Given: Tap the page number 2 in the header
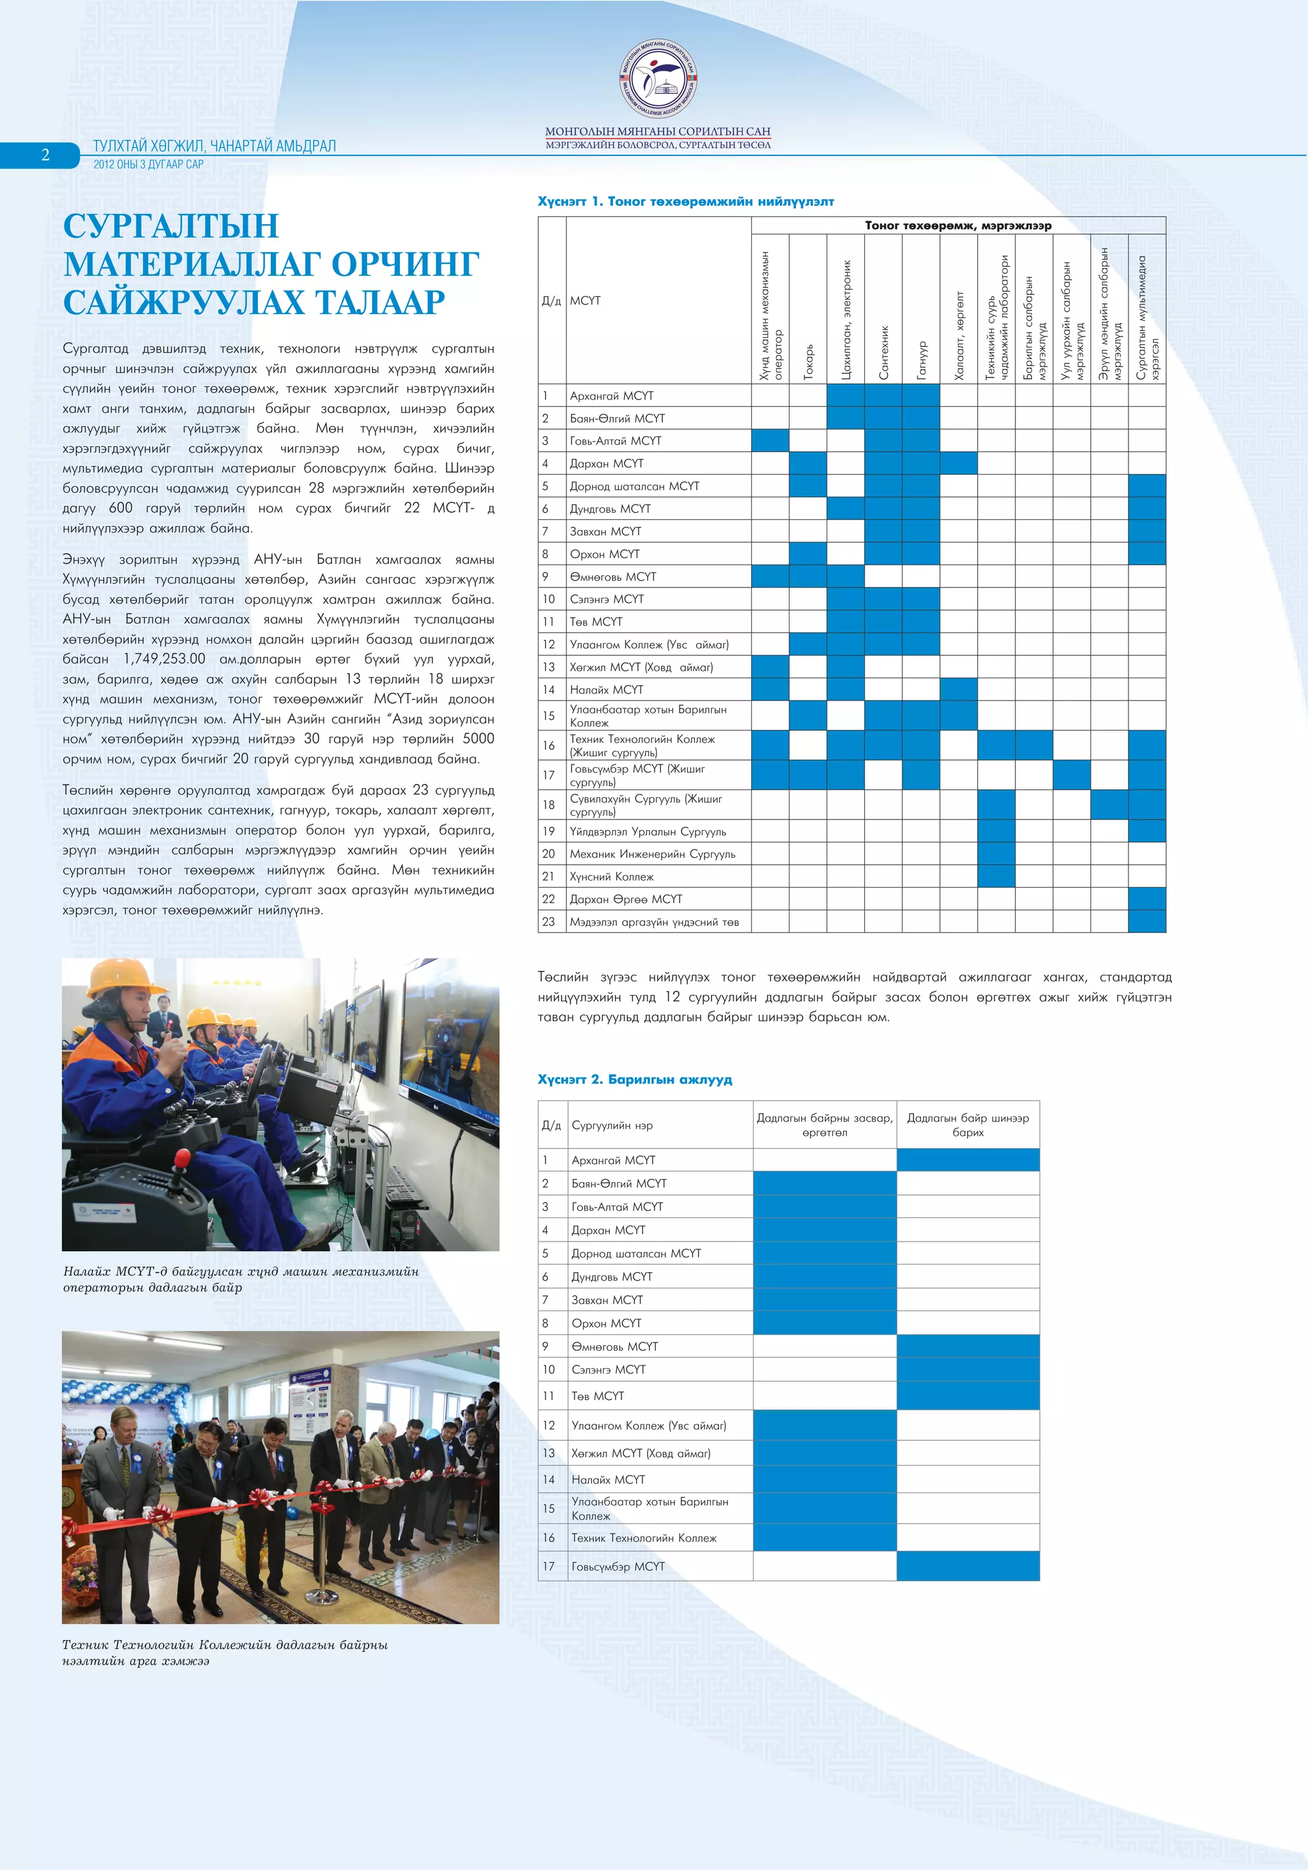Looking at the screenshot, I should [x=45, y=155].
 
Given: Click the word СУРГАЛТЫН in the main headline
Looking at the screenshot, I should [x=171, y=225].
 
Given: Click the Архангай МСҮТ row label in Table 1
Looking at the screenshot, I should [x=612, y=396].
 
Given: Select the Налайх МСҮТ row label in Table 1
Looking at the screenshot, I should [x=606, y=690].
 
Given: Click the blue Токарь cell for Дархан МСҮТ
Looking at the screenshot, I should [x=808, y=464].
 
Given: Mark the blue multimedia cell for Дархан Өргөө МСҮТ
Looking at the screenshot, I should [x=1147, y=899].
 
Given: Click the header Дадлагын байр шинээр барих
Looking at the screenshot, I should [x=968, y=1125].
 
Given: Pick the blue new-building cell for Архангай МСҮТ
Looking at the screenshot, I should [x=968, y=1160].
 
